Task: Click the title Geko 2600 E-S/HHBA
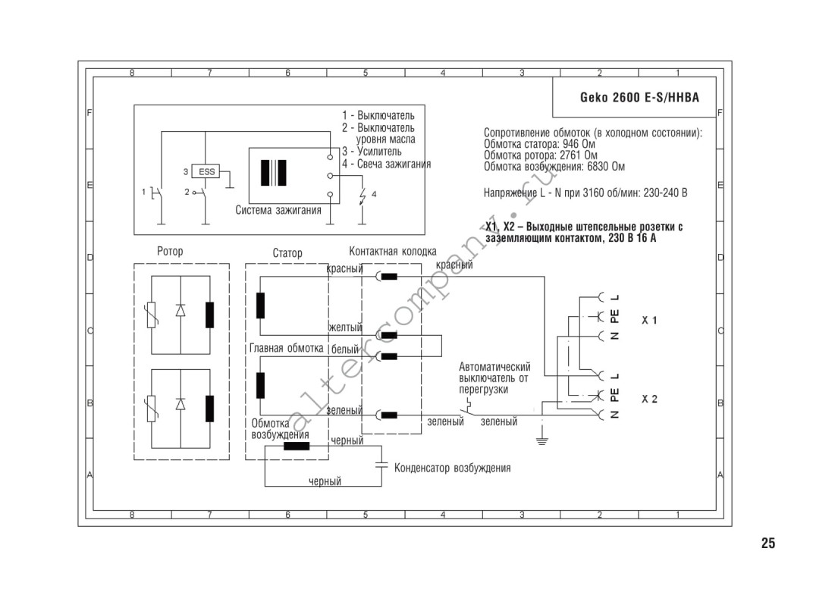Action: (639, 97)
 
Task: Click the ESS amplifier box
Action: (206, 171)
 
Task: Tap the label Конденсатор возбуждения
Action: (452, 468)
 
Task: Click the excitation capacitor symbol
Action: (381, 465)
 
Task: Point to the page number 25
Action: (768, 544)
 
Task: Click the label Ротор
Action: (170, 251)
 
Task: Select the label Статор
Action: (287, 253)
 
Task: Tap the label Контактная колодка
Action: (392, 251)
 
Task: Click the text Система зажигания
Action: (278, 210)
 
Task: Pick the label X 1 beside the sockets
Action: (649, 321)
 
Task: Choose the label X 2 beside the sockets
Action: (649, 399)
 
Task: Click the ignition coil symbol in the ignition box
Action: (274, 173)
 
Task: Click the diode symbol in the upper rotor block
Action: (180, 310)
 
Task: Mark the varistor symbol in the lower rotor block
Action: (152, 409)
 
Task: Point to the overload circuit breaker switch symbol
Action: (466, 409)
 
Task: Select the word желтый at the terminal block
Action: (345, 327)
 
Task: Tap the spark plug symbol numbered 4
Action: (363, 197)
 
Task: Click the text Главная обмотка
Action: (287, 349)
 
